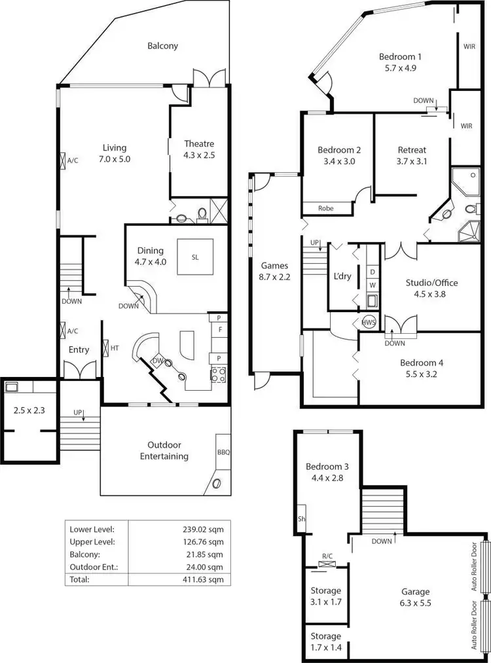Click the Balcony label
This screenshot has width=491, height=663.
[162, 46]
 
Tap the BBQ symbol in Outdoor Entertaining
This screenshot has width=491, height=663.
[224, 452]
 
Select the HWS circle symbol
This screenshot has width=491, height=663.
[368, 322]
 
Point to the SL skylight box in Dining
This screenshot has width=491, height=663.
[195, 257]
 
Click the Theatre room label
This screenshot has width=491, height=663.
[199, 144]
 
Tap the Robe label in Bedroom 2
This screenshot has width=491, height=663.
[326, 208]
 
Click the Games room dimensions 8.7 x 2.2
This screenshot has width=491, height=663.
[274, 277]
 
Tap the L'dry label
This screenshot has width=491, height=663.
[342, 276]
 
